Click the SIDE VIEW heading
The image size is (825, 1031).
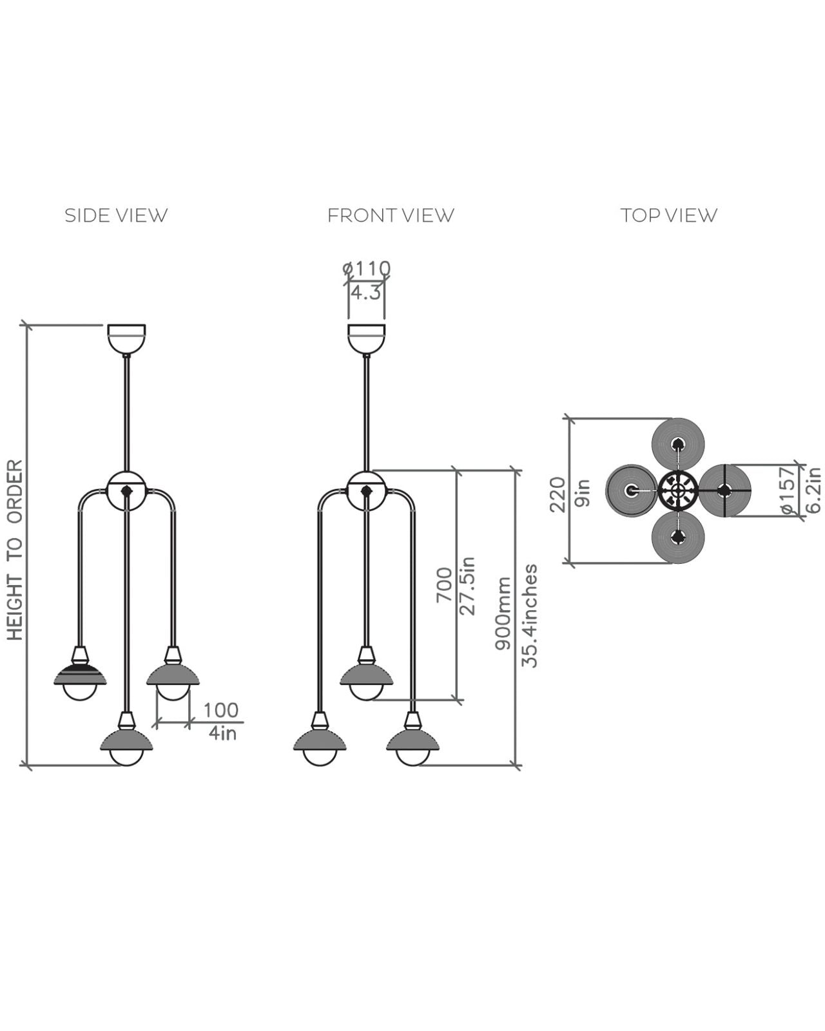tap(116, 215)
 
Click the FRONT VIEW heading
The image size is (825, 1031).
tap(391, 215)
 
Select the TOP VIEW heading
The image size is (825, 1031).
tap(668, 215)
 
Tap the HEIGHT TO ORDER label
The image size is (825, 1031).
tap(15, 550)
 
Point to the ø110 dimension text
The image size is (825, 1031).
tap(366, 268)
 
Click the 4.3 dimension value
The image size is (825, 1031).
tap(365, 293)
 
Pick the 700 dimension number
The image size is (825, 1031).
tap(445, 584)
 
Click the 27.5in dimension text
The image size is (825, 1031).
tap(469, 586)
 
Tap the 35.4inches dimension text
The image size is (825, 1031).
tap(529, 615)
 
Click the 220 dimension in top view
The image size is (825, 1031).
tap(558, 494)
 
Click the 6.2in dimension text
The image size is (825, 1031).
tap(813, 490)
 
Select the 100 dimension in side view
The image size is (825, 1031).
tap(220, 710)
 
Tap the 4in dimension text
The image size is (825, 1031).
tap(222, 733)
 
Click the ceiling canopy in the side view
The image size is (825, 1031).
tap(126, 338)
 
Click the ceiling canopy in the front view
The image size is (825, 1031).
tap(366, 338)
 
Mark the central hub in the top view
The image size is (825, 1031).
tap(677, 491)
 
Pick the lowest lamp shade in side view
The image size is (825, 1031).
tap(126, 741)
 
